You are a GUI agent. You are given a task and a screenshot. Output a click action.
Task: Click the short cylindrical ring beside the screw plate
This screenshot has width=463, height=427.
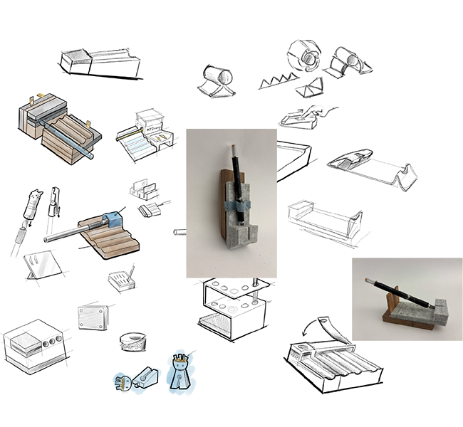pyautogui.click(x=135, y=339)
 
